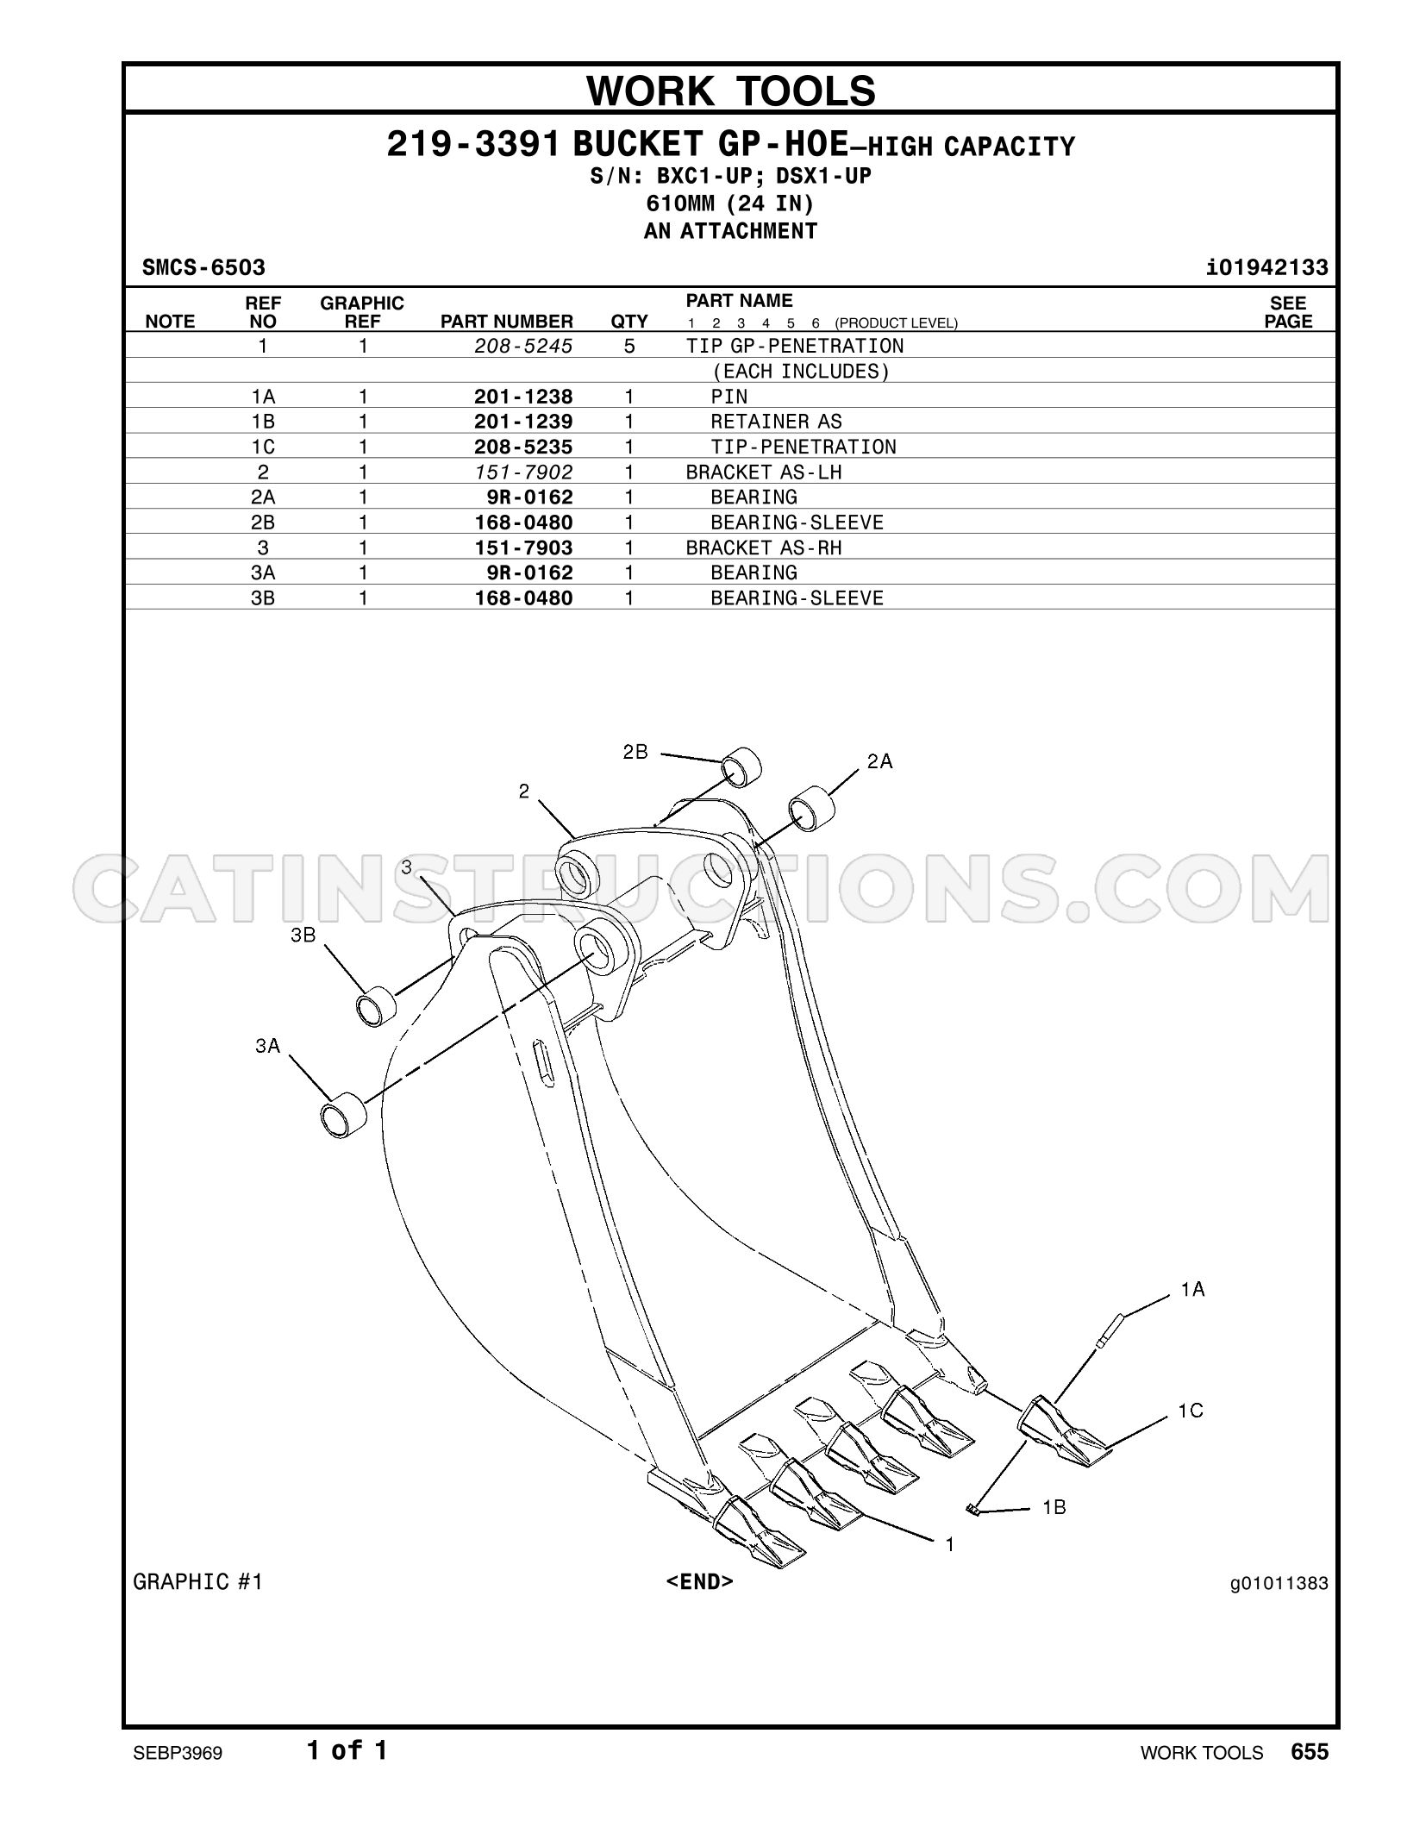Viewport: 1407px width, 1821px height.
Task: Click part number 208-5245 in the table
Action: point(523,347)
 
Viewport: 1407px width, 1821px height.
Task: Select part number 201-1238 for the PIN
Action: point(523,397)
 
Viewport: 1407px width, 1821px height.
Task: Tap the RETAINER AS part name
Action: point(776,422)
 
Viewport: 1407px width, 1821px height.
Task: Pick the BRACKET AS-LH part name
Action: point(764,472)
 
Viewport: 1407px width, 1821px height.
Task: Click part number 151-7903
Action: point(523,548)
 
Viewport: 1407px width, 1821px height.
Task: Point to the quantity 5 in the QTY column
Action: point(629,347)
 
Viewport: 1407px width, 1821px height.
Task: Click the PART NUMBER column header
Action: point(507,322)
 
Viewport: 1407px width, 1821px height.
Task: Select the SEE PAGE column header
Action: point(1288,312)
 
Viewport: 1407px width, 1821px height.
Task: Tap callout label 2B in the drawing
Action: point(635,752)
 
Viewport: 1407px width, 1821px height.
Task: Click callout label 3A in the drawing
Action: point(268,1046)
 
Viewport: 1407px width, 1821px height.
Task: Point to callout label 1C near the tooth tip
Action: point(1191,1411)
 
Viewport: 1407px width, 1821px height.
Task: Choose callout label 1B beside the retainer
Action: point(1054,1507)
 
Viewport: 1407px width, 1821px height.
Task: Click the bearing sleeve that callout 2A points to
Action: point(812,809)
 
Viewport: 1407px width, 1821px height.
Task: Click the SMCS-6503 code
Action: point(203,267)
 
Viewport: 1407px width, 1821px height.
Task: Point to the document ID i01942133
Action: point(1267,267)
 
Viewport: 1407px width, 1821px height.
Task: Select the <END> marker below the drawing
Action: point(699,1581)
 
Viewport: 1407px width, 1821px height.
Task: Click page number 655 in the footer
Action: point(1310,1751)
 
